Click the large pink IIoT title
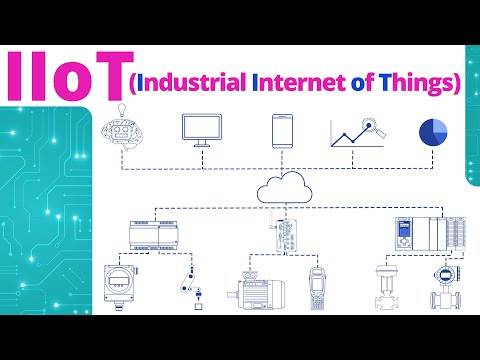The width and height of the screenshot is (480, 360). [x=63, y=76]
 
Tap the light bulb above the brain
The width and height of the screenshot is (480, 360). [x=122, y=108]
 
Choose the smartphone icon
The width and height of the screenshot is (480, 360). [x=281, y=130]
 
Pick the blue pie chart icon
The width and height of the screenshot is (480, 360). [x=433, y=131]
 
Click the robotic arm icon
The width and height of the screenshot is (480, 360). [x=190, y=285]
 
